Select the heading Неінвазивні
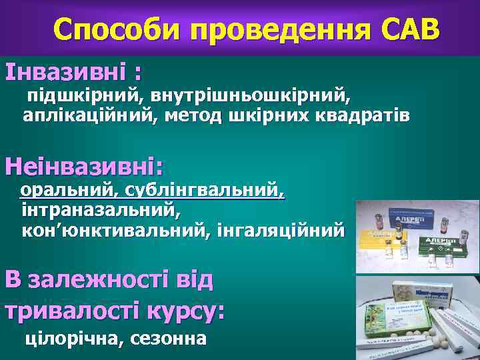tap(84, 164)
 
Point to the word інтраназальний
tap(101, 211)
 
